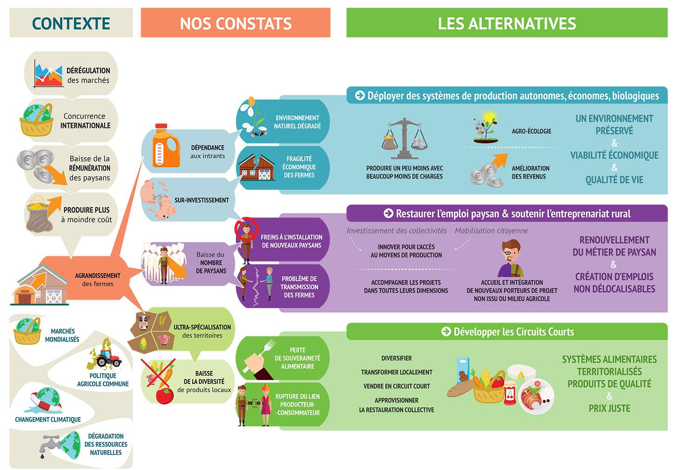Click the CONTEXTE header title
(71, 23)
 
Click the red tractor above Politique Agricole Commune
(109, 357)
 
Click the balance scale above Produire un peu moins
(404, 138)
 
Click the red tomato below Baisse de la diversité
(164, 396)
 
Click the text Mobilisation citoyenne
(491, 230)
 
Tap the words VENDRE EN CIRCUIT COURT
(396, 386)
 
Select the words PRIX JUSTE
(609, 408)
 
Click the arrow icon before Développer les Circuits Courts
(446, 331)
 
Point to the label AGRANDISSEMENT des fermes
(97, 279)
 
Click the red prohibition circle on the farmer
(244, 228)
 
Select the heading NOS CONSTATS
(236, 23)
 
